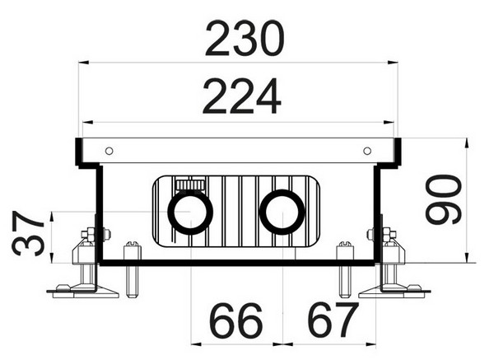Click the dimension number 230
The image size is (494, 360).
(x=245, y=39)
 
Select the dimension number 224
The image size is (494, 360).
(x=241, y=96)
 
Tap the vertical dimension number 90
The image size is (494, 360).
(x=443, y=199)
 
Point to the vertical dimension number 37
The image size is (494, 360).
(x=28, y=233)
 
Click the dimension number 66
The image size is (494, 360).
(x=235, y=320)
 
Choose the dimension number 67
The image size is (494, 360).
(x=333, y=320)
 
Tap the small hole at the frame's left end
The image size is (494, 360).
(x=109, y=151)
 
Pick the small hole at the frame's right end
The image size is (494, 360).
(x=367, y=151)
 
